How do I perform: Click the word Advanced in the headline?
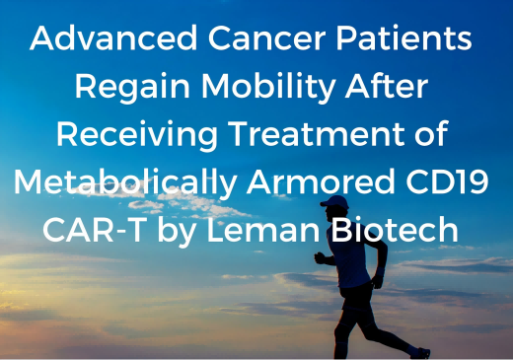113,37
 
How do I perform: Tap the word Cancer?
267,37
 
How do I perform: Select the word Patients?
403,37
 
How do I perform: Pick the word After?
387,86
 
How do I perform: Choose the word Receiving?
137,135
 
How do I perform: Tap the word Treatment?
317,133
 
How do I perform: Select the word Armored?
321,181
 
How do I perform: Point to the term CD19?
447,181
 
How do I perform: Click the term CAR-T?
94,230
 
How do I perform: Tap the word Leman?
263,230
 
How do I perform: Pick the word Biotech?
395,229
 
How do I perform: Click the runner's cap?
334,202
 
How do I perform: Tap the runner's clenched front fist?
320,257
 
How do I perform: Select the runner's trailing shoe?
420,353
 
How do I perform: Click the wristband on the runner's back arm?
380,271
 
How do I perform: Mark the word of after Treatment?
432,133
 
